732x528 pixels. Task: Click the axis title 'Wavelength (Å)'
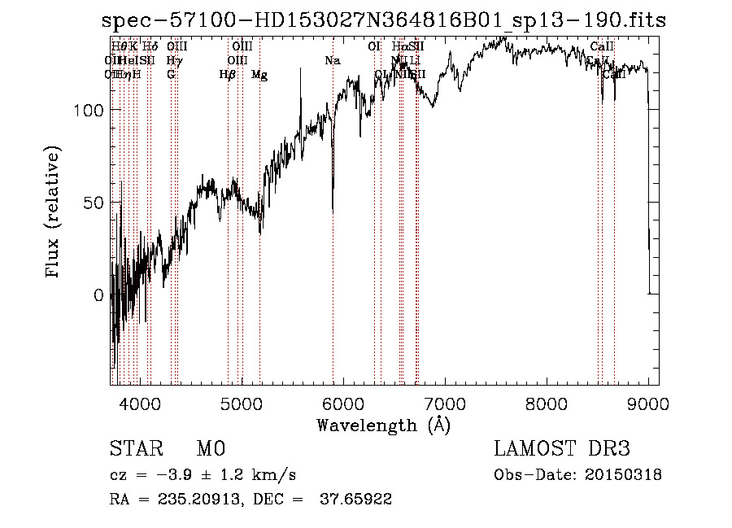tap(383, 425)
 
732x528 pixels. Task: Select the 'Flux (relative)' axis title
tap(54, 214)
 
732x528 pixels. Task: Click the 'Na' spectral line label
tap(332, 61)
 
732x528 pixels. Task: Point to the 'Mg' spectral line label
tap(259, 75)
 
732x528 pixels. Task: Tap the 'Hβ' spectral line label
tap(228, 75)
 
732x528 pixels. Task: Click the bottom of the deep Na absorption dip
tap(333, 210)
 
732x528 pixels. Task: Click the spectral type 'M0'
tap(211, 449)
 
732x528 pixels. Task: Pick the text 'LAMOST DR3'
tap(562, 449)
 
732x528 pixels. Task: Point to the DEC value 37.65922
tap(358, 500)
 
